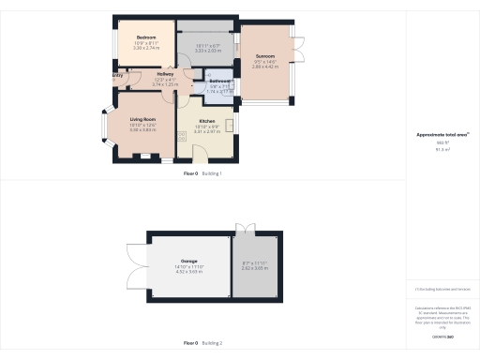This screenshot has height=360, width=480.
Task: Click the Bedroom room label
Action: (145, 38)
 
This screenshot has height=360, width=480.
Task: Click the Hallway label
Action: (165, 74)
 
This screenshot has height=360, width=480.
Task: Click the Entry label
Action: (117, 74)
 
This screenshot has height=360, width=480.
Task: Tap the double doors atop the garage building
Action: (245, 229)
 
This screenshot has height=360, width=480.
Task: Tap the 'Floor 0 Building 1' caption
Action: (208, 173)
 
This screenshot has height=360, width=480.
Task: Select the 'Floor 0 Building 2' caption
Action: (208, 343)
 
